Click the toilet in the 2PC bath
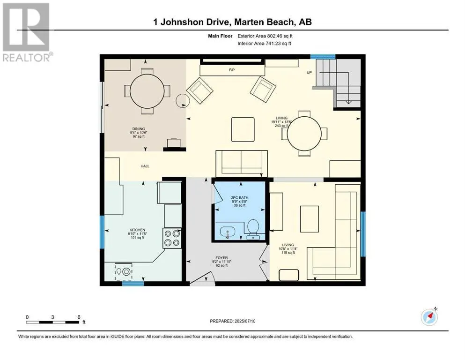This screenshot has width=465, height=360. point(253,229)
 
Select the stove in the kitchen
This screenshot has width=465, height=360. point(172,238)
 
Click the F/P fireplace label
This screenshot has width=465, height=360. point(232,70)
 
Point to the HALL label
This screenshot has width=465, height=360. point(145,166)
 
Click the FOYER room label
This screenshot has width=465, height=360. point(222,258)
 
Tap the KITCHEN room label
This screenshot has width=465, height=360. point(137,230)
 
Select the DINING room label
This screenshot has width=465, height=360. point(139,129)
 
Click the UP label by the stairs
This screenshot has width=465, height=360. point(309,72)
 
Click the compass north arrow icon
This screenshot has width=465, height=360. point(429,317)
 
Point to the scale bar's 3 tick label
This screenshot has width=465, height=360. point(52,317)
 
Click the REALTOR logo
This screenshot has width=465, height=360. point(27,32)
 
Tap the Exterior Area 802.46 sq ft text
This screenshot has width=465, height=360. point(265,36)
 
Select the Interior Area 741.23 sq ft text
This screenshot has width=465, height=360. point(264,43)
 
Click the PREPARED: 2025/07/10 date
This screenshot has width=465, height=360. point(232,321)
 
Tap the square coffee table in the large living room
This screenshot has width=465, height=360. point(243,129)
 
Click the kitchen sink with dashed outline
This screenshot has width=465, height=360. point(123,271)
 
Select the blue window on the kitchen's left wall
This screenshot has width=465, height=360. point(102,232)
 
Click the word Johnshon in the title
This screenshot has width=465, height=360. point(181,22)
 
